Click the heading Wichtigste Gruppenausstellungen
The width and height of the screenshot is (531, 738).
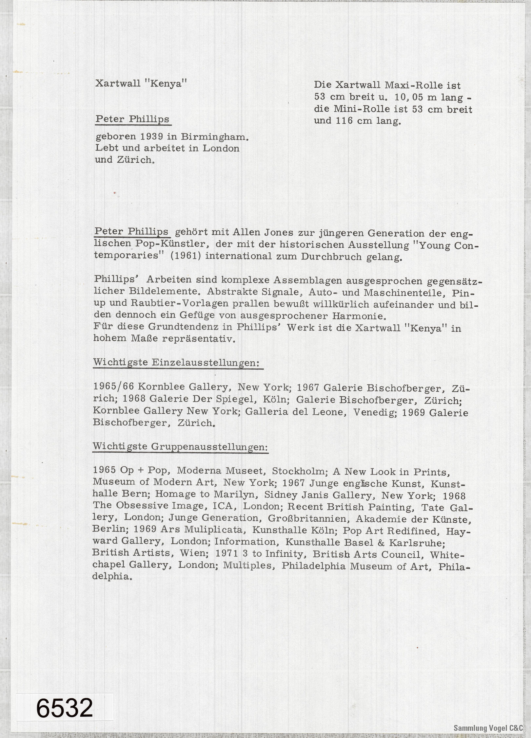181,447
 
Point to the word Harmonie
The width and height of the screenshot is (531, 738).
358,316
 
